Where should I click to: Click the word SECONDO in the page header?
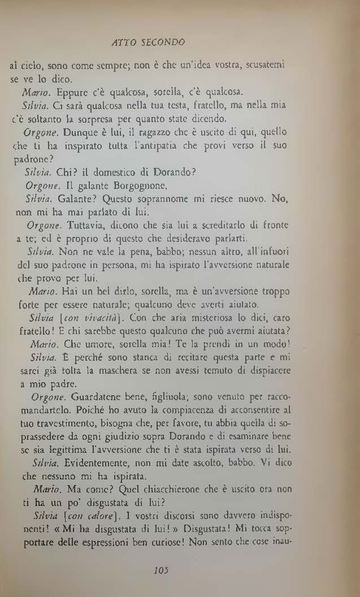tap(164, 42)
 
